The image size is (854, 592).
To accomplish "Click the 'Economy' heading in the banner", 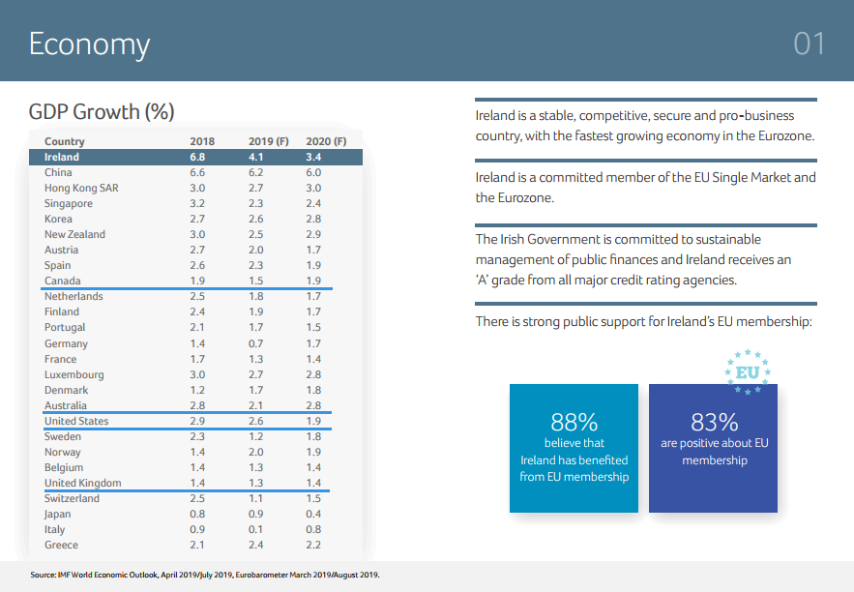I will (x=89, y=44).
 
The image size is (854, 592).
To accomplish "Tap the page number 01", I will (x=810, y=44).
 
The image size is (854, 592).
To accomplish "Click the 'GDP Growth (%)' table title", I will (x=102, y=111).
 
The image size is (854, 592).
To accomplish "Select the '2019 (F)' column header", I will (x=269, y=141).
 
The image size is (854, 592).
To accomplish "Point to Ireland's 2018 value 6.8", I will (x=197, y=157).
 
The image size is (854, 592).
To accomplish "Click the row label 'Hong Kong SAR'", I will (x=81, y=188).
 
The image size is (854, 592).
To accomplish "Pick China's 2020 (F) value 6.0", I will (x=313, y=172).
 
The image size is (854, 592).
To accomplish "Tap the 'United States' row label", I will (x=76, y=421).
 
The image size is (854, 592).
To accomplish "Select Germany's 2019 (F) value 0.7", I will (x=255, y=343).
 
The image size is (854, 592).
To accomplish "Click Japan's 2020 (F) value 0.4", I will (x=313, y=515).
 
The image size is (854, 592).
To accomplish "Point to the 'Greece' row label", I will (x=61, y=546).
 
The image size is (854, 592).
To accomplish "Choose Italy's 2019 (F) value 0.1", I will (x=255, y=530).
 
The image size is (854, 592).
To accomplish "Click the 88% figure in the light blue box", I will (x=574, y=423).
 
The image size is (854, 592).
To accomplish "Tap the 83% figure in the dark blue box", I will (x=715, y=423).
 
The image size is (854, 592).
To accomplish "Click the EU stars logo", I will (x=748, y=371).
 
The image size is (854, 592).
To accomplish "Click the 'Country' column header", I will (x=65, y=141).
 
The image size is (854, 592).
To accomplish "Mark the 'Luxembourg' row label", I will (x=74, y=374).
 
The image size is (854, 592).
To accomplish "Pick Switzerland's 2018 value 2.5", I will (x=197, y=498).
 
